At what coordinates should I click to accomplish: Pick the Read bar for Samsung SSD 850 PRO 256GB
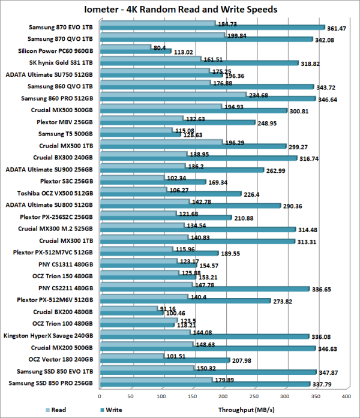pos(156,379)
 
